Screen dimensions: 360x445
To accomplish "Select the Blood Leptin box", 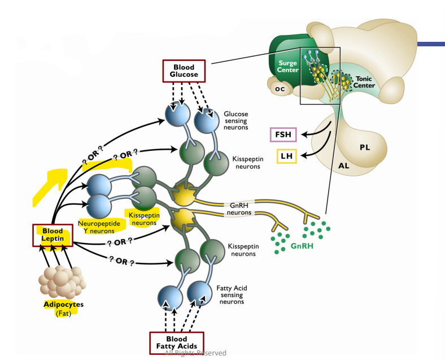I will click(53, 236).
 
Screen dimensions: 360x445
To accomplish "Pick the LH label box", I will click(286, 155).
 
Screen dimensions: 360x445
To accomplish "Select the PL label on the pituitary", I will click(365, 147).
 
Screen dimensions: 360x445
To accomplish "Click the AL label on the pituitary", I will click(343, 166).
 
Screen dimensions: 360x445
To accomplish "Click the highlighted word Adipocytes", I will click(63, 305).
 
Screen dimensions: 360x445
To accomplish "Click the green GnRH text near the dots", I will click(303, 247).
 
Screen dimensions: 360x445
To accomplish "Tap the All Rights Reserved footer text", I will click(195, 353).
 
